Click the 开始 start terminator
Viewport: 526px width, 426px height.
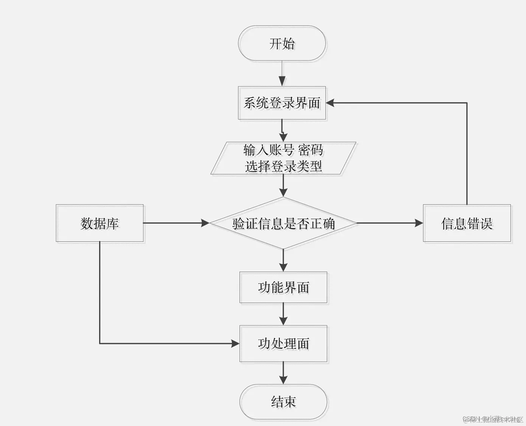(282, 44)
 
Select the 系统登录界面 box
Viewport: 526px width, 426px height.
(282, 103)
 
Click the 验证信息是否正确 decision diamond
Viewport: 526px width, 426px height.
(283, 223)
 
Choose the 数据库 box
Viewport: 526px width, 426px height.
(100, 223)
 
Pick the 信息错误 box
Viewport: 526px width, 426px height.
(467, 223)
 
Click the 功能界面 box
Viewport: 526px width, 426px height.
(283, 288)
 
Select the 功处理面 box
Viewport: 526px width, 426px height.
(283, 344)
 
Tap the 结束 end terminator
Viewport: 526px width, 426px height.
(283, 402)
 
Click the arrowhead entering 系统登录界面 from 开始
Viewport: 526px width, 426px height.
(282, 82)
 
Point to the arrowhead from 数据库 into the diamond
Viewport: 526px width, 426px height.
(205, 223)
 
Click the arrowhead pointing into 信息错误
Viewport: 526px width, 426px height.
(419, 223)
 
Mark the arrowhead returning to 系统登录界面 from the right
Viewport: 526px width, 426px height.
(331, 103)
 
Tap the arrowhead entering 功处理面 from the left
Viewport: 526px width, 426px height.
(235, 344)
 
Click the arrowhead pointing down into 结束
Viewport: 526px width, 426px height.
(283, 379)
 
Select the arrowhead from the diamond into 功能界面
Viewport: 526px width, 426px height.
(283, 267)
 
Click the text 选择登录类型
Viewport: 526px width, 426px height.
(283, 166)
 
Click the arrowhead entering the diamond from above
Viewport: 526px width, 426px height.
(283, 192)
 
